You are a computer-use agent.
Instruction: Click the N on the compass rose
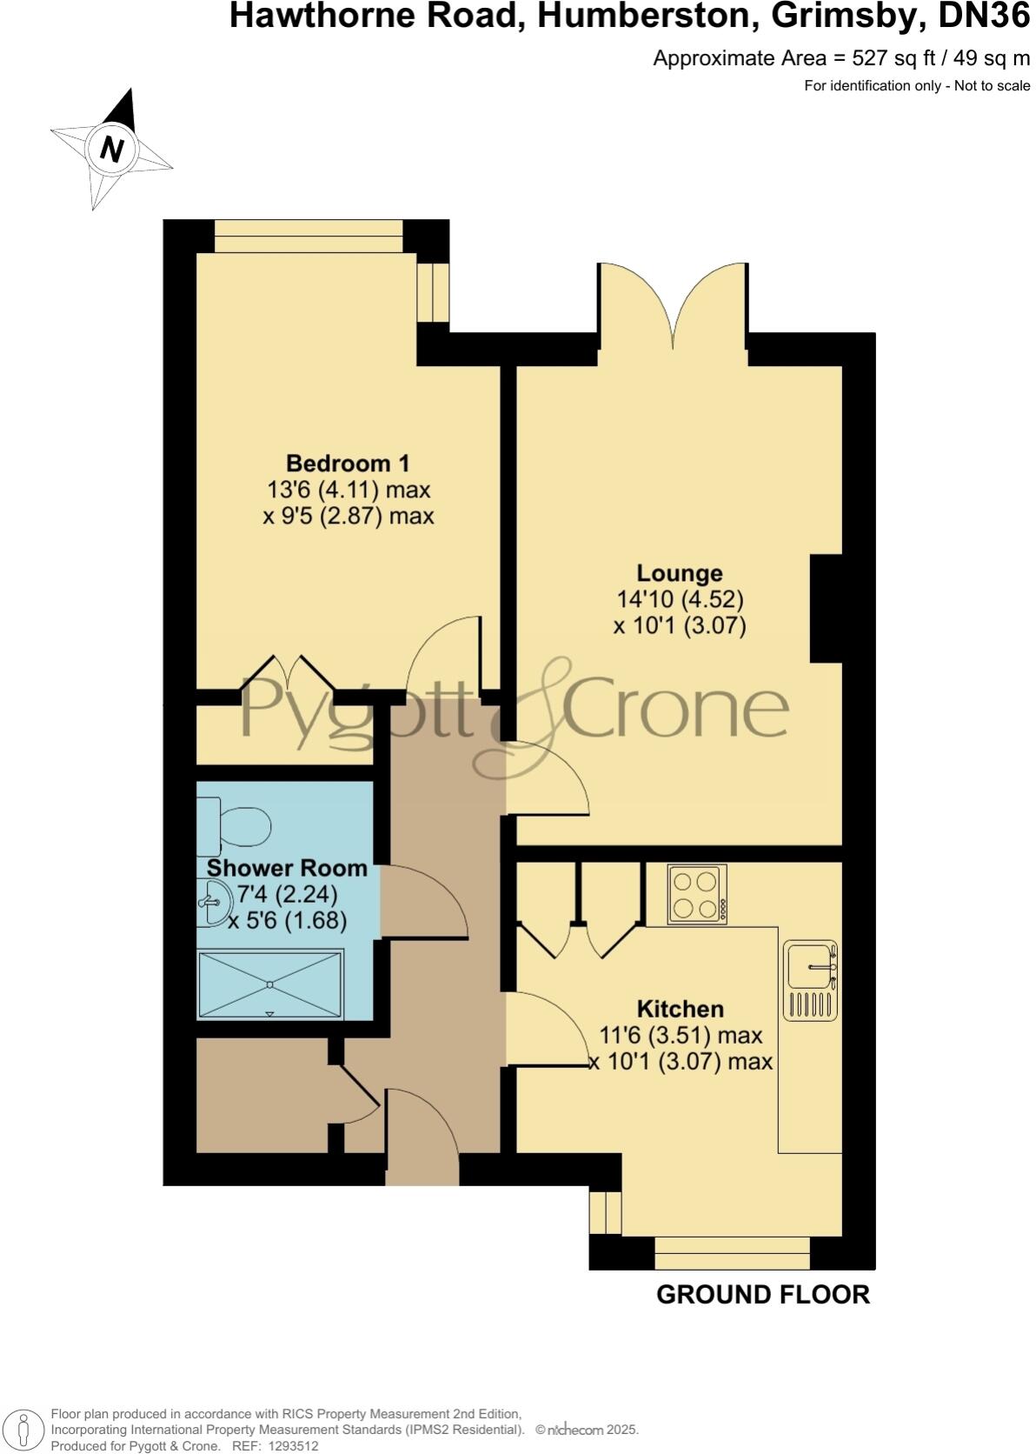(x=111, y=149)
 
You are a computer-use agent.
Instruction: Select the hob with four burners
(x=697, y=895)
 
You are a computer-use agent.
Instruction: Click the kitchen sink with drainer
(x=810, y=979)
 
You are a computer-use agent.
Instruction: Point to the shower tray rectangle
(x=270, y=984)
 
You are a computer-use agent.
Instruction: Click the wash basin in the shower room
(x=211, y=904)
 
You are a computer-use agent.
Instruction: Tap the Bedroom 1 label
(x=348, y=463)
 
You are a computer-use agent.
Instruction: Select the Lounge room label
(x=680, y=573)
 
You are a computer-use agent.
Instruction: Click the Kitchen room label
(x=681, y=1009)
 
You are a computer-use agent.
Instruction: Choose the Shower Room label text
(x=287, y=868)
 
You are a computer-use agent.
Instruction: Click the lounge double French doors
(x=672, y=309)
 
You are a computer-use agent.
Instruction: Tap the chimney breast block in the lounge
(x=826, y=608)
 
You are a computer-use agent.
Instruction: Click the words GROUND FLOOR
(x=762, y=1294)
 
